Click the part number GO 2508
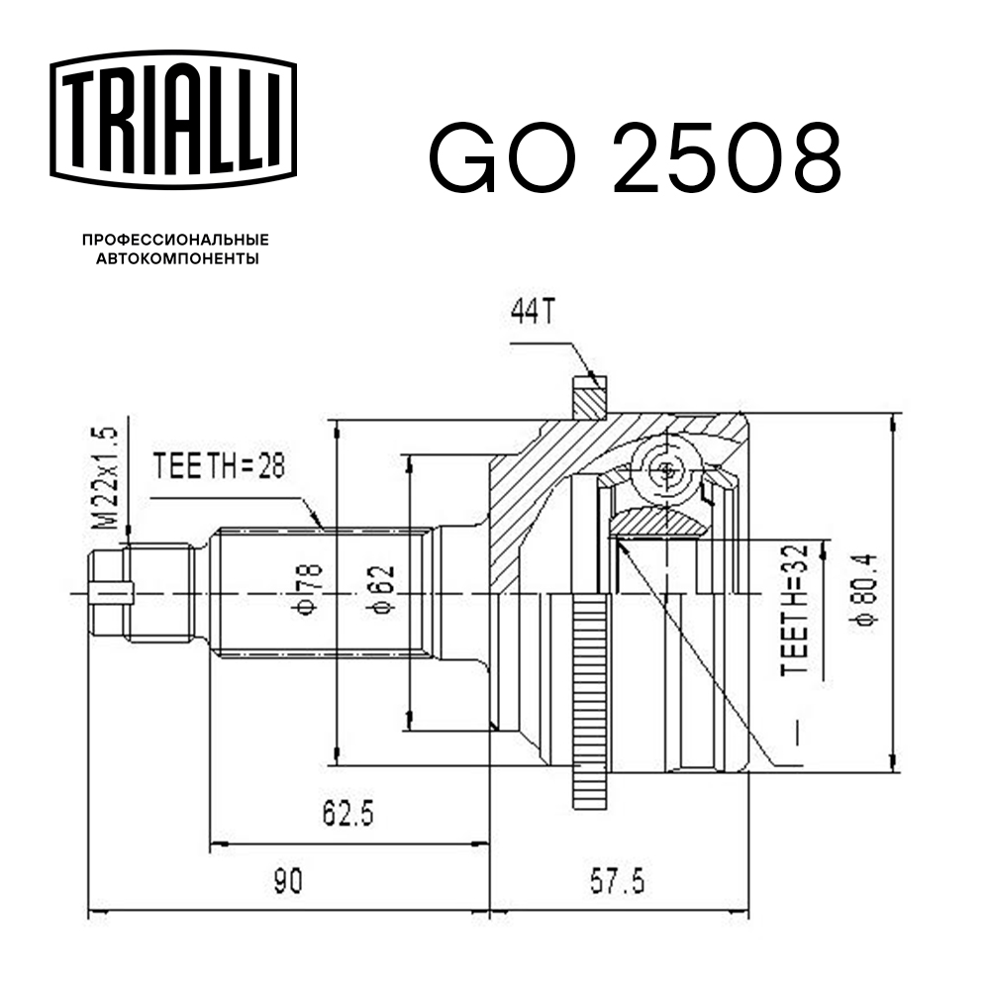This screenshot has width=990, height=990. [634, 158]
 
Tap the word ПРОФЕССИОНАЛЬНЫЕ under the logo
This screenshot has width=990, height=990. [175, 240]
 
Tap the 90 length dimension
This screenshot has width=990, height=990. [288, 879]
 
